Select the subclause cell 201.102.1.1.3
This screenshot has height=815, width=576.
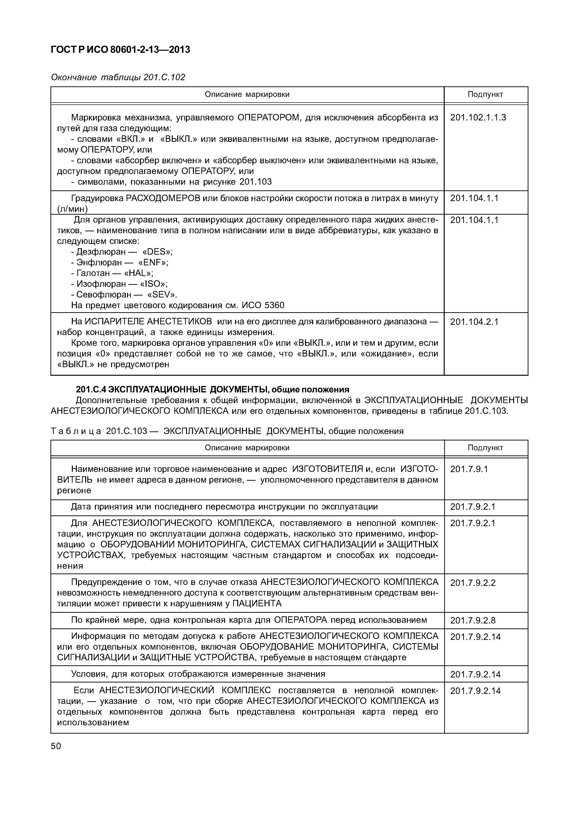click(x=478, y=118)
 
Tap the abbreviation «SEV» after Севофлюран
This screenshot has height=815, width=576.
click(x=162, y=295)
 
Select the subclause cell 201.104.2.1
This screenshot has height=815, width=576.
click(x=474, y=322)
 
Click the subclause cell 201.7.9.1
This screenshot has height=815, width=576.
click(x=469, y=469)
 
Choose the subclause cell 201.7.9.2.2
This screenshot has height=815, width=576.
click(x=473, y=583)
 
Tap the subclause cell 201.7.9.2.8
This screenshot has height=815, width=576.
click(x=473, y=621)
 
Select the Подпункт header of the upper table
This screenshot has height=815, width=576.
click(x=485, y=94)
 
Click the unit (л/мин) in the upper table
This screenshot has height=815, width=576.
click(x=72, y=209)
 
